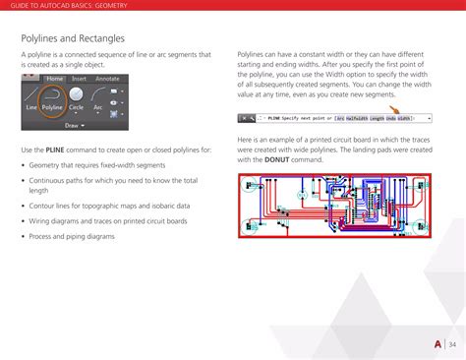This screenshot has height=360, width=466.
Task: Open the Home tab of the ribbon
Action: pyautogui.click(x=54, y=77)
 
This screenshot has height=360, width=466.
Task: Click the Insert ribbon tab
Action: pyautogui.click(x=79, y=77)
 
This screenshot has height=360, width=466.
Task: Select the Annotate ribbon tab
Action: pyautogui.click(x=107, y=77)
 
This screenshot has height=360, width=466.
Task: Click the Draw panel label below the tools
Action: pyautogui.click(x=74, y=126)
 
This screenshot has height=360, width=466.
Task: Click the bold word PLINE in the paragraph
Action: pyautogui.click(x=56, y=149)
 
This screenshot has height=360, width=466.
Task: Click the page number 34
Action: pyautogui.click(x=453, y=344)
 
